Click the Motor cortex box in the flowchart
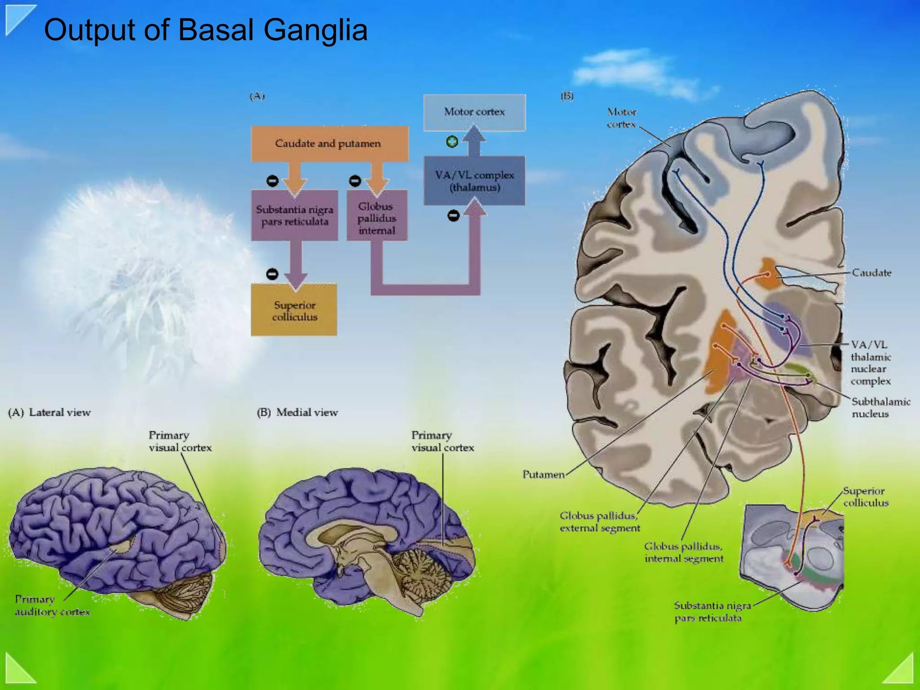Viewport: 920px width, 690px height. click(x=474, y=112)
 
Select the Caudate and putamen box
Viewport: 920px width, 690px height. click(x=329, y=144)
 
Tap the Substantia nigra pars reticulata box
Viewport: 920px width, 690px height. click(x=294, y=216)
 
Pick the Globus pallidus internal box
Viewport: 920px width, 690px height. click(x=377, y=218)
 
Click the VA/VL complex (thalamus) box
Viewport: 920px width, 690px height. click(x=474, y=181)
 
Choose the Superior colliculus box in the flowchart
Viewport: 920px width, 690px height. click(x=294, y=311)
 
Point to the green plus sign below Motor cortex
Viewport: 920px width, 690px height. click(x=452, y=142)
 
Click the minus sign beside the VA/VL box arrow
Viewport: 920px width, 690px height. click(x=454, y=216)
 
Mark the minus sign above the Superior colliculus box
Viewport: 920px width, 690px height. click(x=272, y=274)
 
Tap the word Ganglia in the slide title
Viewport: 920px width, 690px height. click(x=315, y=30)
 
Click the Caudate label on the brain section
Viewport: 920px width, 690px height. click(x=871, y=273)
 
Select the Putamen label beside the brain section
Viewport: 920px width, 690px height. click(x=543, y=474)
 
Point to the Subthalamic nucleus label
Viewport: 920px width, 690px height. click(x=880, y=407)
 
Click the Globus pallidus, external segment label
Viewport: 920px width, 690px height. click(x=600, y=522)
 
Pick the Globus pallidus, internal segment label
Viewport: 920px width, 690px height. click(x=684, y=552)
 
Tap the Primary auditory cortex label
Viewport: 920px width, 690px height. click(x=52, y=605)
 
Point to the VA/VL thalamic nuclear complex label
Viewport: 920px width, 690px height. click(x=871, y=363)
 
